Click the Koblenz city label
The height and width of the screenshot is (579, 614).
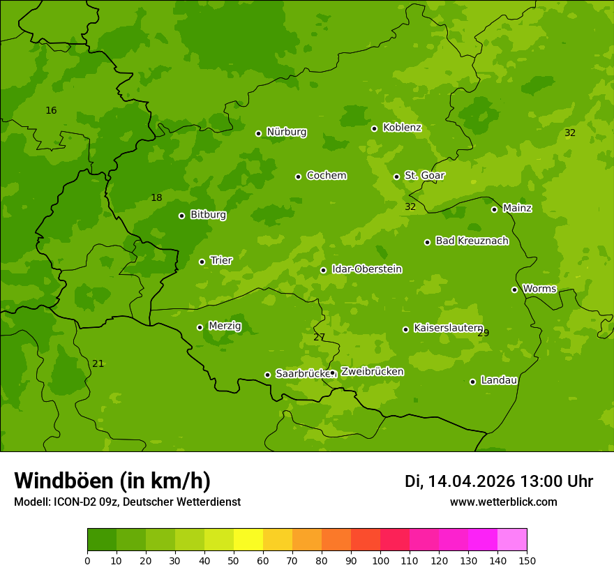(x=402, y=128)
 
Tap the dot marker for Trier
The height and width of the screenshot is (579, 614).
(x=202, y=262)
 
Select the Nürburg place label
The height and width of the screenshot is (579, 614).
(x=286, y=132)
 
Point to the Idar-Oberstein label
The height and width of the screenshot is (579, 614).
(x=366, y=269)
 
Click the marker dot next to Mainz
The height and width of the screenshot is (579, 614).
(x=494, y=209)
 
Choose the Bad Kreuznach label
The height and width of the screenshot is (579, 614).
(x=472, y=241)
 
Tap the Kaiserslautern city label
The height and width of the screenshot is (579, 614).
(x=448, y=328)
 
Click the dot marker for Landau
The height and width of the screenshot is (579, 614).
(x=472, y=382)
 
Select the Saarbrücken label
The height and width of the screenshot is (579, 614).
(x=302, y=374)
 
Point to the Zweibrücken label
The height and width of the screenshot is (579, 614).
(x=372, y=372)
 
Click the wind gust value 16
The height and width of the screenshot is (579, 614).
(x=51, y=111)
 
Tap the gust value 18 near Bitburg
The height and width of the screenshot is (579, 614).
(x=156, y=198)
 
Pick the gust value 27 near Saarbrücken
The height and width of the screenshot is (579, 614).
(x=319, y=338)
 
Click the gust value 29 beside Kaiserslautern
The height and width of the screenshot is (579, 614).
(x=484, y=333)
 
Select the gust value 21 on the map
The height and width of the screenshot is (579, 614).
(x=98, y=364)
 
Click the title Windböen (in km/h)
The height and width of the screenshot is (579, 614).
(x=112, y=481)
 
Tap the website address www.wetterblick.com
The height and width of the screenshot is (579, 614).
(x=503, y=502)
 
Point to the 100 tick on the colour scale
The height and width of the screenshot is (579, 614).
(x=380, y=560)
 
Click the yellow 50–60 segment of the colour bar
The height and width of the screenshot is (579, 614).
(x=248, y=539)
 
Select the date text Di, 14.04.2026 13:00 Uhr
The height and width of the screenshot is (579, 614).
(x=498, y=481)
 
